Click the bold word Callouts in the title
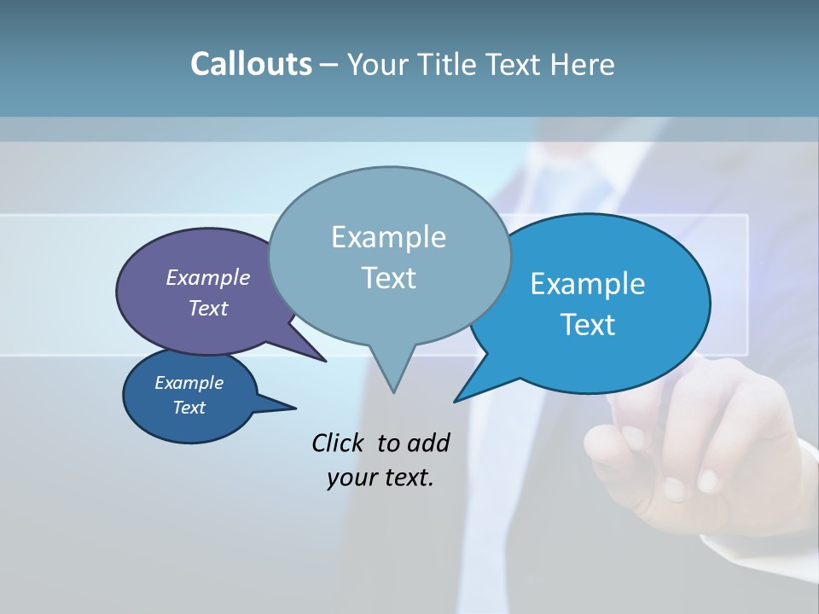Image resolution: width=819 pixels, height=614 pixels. tap(251, 64)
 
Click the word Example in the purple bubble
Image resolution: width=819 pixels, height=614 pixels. tap(208, 277)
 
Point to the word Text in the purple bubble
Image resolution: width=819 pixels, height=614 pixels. tap(208, 308)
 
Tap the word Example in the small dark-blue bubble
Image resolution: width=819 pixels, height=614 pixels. tap(189, 383)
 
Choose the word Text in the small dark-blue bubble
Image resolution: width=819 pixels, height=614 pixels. tap(189, 408)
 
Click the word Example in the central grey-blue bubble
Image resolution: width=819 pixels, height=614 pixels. tap(388, 237)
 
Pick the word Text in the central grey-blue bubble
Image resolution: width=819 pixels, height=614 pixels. tap(388, 277)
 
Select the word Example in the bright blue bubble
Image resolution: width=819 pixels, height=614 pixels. tap(588, 283)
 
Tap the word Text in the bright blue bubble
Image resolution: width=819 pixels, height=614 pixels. tap(588, 324)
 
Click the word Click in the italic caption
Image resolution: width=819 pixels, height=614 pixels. tap(339, 443)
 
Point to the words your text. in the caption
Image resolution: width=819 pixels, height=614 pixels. tap(380, 478)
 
